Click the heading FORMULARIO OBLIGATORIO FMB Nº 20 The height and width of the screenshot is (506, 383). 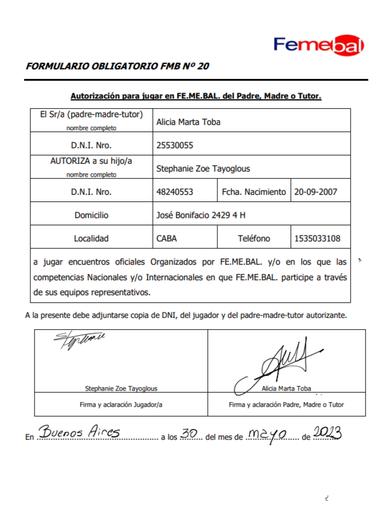pos(117,66)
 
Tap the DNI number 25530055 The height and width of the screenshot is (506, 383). pos(174,145)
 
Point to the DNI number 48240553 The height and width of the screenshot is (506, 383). pos(174,192)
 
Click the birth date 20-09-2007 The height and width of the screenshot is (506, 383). pos(316,192)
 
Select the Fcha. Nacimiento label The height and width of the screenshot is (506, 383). pos(254,192)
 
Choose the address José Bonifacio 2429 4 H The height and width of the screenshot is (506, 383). pos(201,215)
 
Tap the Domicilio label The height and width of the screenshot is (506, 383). pos(91,215)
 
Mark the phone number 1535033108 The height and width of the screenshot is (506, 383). pos(317,238)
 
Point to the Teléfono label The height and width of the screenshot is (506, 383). pos(254,238)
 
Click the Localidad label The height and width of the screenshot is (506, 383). pos(91,238)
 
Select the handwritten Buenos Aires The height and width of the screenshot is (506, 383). pos(79,433)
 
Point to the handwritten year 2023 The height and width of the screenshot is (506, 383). pos(327,433)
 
